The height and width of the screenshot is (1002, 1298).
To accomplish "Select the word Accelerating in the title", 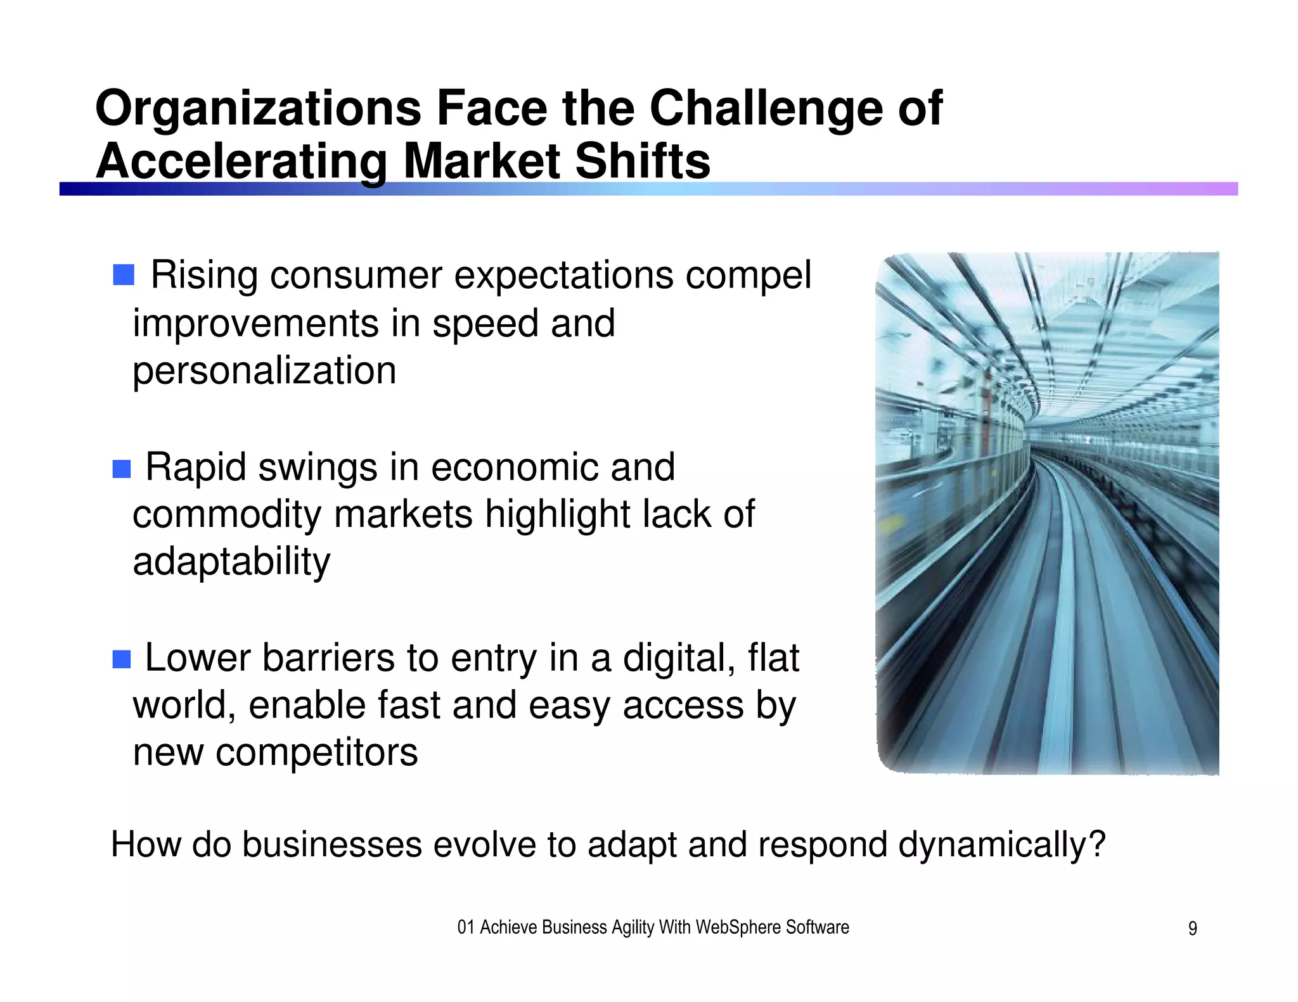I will point(241,162).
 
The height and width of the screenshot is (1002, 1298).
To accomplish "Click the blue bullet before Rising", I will point(124,275).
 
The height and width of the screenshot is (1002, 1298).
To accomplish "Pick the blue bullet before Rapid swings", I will point(122,469).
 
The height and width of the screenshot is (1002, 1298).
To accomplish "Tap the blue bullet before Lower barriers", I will point(122,659).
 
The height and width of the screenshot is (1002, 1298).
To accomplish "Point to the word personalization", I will point(264,371).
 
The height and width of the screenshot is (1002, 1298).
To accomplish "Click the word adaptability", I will point(231,562).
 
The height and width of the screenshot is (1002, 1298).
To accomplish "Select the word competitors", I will point(316,752).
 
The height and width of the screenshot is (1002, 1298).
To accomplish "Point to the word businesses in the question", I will point(332,846).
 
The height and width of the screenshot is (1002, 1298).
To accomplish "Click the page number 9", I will point(1192,929).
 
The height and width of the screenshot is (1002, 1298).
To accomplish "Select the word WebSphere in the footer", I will point(738,927).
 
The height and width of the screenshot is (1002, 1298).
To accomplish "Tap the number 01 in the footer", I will point(466,928).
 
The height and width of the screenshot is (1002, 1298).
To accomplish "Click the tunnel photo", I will point(1047,513).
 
